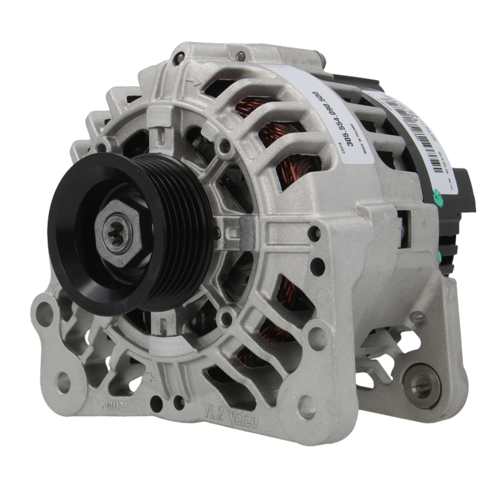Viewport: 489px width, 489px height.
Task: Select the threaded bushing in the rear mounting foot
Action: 422,385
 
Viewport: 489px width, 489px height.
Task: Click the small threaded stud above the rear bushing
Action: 419,319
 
